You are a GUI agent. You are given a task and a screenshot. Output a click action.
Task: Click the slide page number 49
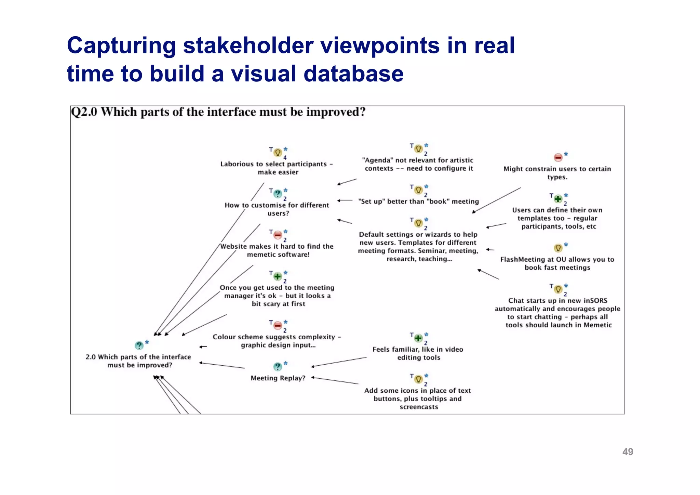click(x=628, y=452)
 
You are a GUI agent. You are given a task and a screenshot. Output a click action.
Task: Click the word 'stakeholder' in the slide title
click(x=248, y=45)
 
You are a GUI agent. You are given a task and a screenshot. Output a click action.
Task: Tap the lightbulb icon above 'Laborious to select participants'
click(x=278, y=153)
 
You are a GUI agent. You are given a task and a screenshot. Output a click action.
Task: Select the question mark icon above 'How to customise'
click(x=278, y=194)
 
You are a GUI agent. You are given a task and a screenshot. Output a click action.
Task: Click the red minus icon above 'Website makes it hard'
click(x=278, y=235)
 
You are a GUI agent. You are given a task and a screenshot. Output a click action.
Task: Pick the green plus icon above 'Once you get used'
click(x=278, y=276)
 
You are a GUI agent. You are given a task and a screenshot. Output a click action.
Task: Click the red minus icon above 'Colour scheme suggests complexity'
click(x=278, y=326)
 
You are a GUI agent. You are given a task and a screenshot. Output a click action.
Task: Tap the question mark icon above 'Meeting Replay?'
click(x=278, y=367)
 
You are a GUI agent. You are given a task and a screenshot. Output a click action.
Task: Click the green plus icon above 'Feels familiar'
click(x=418, y=338)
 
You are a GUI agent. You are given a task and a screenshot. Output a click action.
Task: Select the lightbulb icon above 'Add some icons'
click(x=418, y=379)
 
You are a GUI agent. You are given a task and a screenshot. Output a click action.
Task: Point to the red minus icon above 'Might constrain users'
click(x=558, y=158)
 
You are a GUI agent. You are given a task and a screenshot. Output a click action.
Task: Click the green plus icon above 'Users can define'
click(x=558, y=199)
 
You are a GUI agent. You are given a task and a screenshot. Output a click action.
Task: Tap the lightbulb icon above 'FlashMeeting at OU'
click(x=558, y=248)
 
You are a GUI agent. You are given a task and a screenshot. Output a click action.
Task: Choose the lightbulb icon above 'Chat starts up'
click(x=558, y=289)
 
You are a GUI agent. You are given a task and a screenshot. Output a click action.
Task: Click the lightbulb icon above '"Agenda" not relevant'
click(x=418, y=149)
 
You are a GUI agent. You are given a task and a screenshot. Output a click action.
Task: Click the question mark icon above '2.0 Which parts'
click(x=139, y=346)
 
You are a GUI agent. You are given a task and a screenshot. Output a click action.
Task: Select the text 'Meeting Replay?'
click(x=278, y=378)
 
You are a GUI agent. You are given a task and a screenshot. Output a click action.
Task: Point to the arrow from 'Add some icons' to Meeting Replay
click(x=335, y=380)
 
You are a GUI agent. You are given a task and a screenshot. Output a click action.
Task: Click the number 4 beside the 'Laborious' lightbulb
click(x=285, y=158)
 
